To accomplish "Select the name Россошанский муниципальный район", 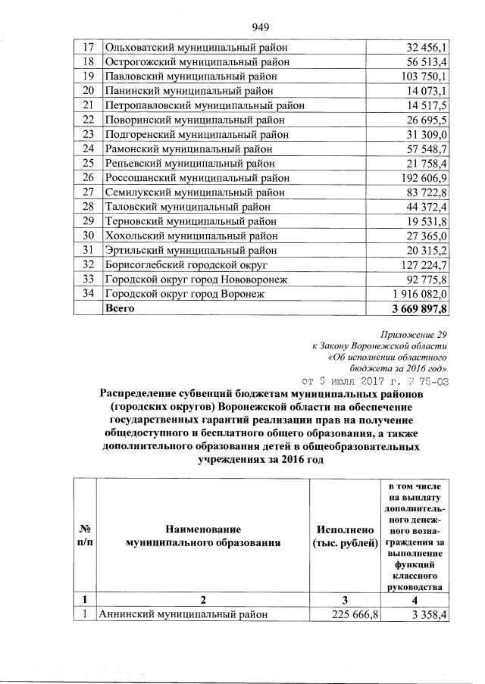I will tap(196, 177).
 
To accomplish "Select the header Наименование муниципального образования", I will tap(204, 535).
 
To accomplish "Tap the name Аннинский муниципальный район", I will tap(186, 614).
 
